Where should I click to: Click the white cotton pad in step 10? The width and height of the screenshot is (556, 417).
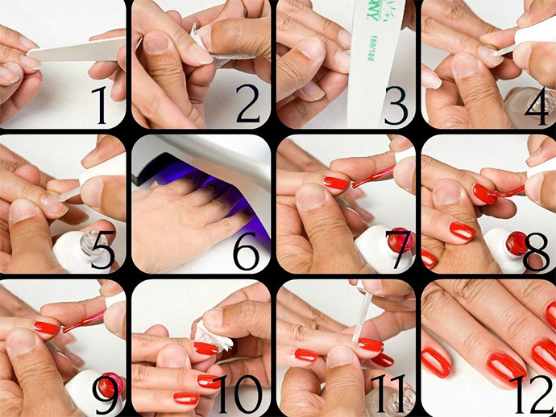click(214, 335)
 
